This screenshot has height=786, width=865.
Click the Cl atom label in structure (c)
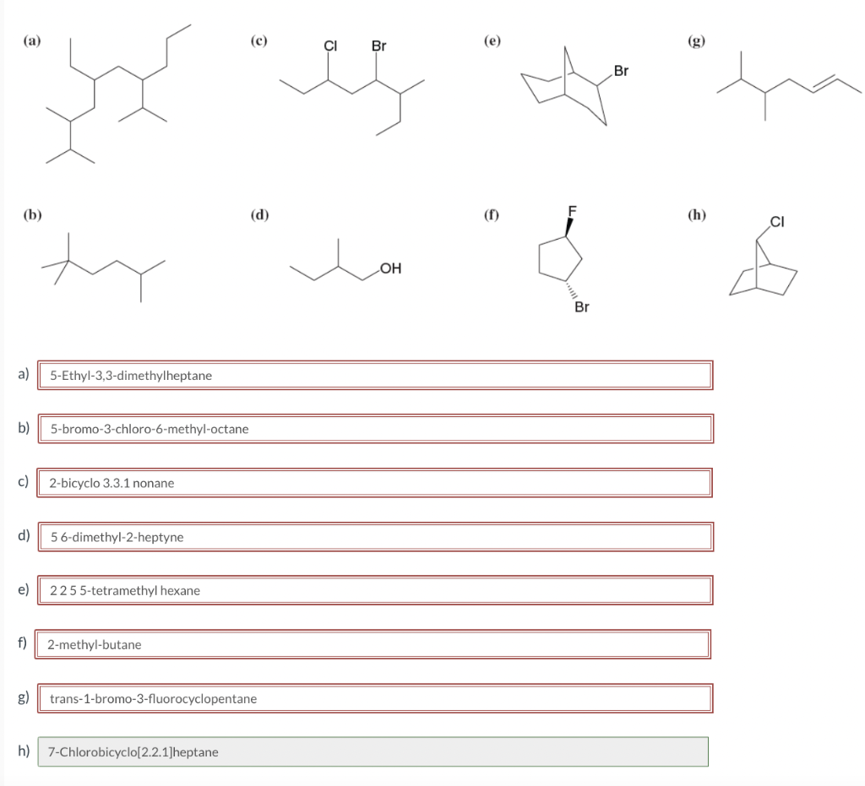330,46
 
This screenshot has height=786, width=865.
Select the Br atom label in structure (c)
378,46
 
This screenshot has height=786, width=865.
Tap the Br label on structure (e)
622,72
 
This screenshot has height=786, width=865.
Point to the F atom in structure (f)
572,211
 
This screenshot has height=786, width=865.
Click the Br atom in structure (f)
581,307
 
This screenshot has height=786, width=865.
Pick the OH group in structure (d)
390,269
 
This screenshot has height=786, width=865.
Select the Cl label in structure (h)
777,223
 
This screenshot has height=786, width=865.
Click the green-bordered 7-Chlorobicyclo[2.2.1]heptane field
373,751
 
